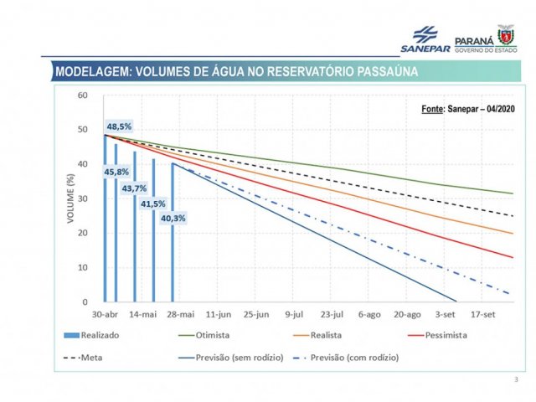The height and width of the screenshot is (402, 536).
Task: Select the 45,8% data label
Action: [116, 172]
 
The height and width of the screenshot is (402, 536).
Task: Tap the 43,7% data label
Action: [134, 188]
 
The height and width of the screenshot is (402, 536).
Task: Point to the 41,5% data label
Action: [153, 204]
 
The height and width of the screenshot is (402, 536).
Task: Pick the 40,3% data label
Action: [173, 219]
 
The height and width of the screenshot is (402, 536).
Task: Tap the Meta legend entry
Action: [94, 358]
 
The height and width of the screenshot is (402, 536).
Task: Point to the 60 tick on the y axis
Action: [82, 95]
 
